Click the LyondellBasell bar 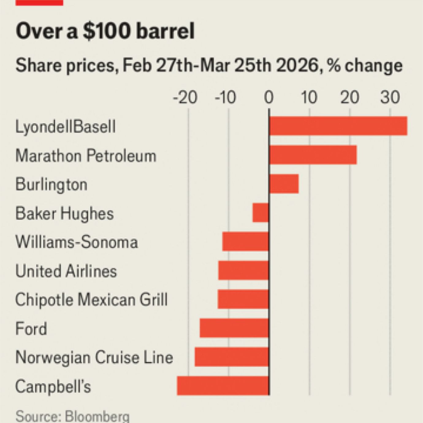[x=338, y=126]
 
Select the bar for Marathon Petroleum [x=313, y=155]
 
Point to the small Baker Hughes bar [x=261, y=213]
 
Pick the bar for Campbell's [x=223, y=386]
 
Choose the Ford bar [x=234, y=328]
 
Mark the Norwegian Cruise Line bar [x=232, y=357]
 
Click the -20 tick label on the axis [x=185, y=98]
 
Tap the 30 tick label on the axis [x=390, y=98]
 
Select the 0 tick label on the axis [x=269, y=98]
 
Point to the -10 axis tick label [x=226, y=98]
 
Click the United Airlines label [x=66, y=271]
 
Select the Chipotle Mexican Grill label [x=91, y=300]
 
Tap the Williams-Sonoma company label [x=77, y=242]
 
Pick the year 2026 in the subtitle [x=297, y=66]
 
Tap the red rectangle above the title [x=39, y=2]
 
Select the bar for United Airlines [x=243, y=270]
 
